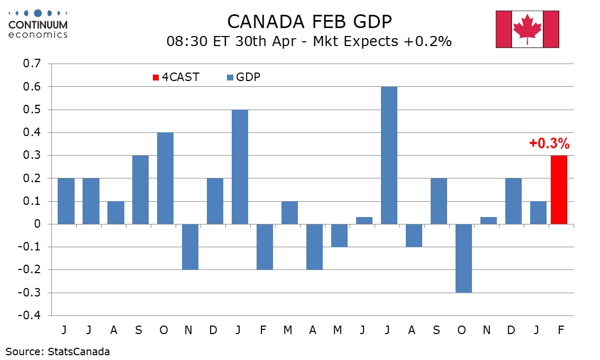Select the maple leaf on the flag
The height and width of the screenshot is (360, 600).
tap(527, 29)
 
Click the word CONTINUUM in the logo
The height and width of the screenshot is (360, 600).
tap(39, 24)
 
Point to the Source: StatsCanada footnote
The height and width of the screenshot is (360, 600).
tap(58, 351)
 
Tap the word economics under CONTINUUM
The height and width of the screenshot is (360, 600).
tap(38, 34)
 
